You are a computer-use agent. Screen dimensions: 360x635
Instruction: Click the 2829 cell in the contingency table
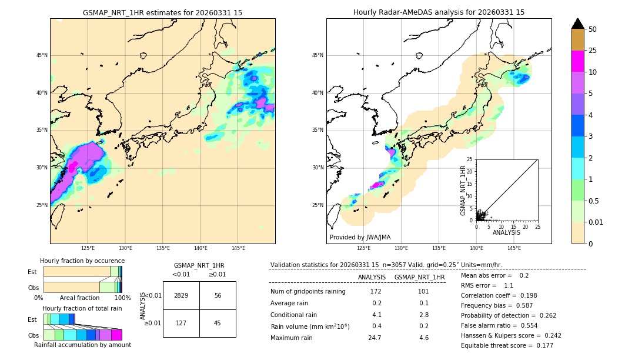(x=181, y=295)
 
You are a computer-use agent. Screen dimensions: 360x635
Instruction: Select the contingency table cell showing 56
(x=218, y=295)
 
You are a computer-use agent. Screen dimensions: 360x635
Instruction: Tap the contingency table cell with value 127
(x=181, y=323)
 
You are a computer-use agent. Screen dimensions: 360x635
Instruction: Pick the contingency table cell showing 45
(x=218, y=323)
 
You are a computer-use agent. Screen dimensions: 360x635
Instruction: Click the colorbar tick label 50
(x=593, y=29)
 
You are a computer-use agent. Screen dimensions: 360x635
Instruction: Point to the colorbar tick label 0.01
(x=596, y=222)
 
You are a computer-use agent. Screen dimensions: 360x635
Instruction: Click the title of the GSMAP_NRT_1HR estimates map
(x=162, y=12)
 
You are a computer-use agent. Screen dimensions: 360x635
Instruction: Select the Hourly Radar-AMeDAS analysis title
(x=439, y=12)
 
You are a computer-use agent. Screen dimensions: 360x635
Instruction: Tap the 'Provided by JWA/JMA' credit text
(x=360, y=238)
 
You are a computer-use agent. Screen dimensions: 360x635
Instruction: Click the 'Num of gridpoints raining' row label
(x=308, y=291)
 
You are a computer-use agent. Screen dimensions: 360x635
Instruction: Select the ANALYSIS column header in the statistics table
(x=372, y=277)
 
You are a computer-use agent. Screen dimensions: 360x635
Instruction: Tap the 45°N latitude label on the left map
(x=42, y=56)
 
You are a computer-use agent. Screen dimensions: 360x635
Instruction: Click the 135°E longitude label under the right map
(x=439, y=248)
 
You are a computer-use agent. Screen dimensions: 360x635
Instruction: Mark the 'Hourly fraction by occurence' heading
(x=82, y=261)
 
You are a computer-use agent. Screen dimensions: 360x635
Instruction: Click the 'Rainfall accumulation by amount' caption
(x=83, y=345)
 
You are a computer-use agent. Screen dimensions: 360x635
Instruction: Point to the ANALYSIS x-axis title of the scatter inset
(x=506, y=232)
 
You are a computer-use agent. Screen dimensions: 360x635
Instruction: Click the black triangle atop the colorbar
(x=578, y=24)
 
